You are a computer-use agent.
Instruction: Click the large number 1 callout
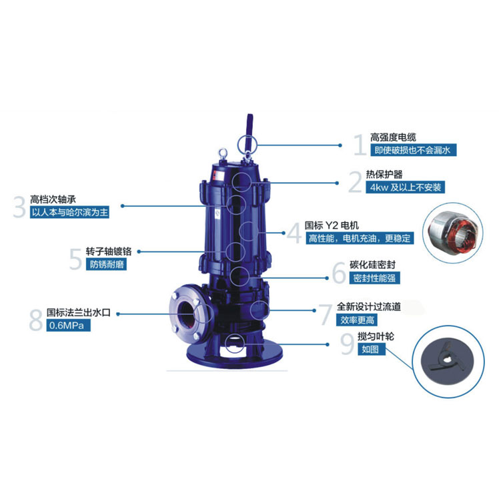[360, 145]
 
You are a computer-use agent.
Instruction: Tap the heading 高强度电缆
[393, 137]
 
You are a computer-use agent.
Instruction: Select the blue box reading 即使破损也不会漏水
[414, 150]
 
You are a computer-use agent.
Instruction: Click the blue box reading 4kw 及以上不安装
[405, 187]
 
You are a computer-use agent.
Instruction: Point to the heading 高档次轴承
[53, 199]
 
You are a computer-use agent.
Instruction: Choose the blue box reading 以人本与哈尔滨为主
[69, 212]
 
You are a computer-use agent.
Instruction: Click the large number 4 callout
[294, 233]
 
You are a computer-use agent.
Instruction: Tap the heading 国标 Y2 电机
[332, 225]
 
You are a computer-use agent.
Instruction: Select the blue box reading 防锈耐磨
[106, 264]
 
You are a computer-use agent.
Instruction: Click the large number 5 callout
[76, 259]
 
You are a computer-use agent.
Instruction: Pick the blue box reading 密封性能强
[374, 278]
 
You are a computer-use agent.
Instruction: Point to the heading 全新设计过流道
[368, 307]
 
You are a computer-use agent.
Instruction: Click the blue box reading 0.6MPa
[68, 326]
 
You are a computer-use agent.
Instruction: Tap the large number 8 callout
[35, 320]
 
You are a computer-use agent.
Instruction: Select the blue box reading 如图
[372, 350]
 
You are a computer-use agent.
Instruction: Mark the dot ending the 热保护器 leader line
[337, 183]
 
